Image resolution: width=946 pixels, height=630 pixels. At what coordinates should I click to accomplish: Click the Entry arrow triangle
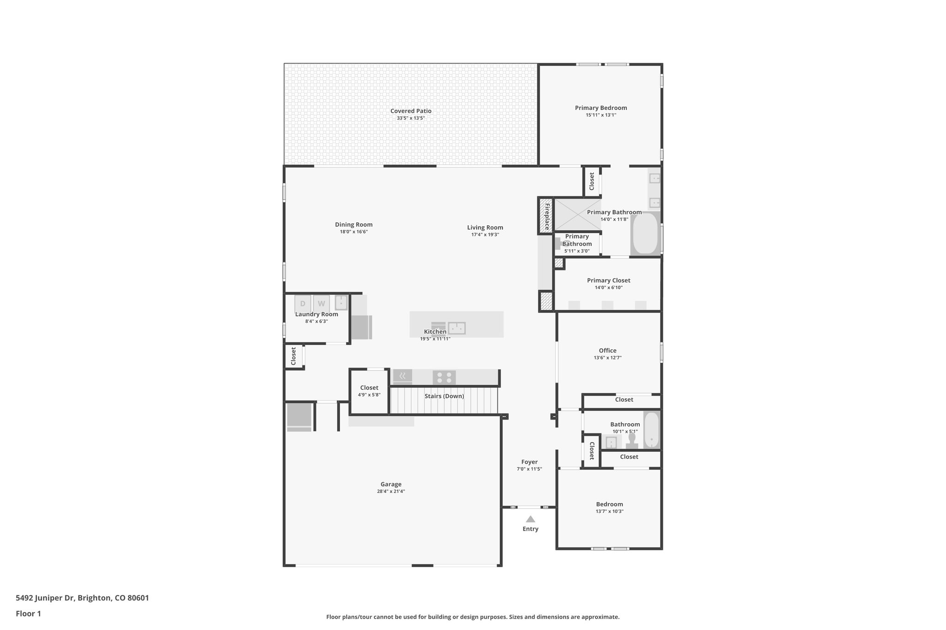coord(530,519)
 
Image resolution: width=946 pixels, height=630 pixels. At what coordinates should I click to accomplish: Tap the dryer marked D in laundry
coord(303,304)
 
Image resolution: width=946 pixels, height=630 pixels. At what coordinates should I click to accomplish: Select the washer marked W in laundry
coord(321,304)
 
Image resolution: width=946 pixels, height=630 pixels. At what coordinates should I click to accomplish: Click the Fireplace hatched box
coord(546,216)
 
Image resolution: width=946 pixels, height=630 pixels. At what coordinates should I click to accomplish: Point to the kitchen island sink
coord(457,328)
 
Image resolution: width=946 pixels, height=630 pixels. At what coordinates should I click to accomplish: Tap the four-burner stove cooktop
coord(444,378)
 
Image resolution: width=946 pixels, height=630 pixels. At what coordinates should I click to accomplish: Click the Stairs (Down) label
coord(444,396)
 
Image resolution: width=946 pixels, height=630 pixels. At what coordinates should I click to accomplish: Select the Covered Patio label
coord(411,111)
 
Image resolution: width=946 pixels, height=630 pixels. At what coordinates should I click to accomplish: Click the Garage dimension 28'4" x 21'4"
coord(391,491)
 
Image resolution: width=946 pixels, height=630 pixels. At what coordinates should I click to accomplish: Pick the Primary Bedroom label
coord(600,108)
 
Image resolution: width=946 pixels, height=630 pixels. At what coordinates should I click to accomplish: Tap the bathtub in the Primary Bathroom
coord(645,233)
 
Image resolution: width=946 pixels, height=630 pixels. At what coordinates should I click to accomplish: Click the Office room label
coord(607,350)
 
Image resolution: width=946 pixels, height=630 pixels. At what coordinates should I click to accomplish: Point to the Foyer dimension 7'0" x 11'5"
coord(529,469)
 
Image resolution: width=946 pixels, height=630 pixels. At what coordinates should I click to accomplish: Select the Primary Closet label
coord(608,280)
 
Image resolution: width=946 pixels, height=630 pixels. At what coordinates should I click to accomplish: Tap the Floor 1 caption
coord(28,613)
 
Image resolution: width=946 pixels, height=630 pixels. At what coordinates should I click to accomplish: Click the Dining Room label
coord(353,225)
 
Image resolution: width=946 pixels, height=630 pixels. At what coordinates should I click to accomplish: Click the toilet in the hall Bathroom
coord(632,440)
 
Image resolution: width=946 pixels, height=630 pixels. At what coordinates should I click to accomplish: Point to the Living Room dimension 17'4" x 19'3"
coord(485,234)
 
